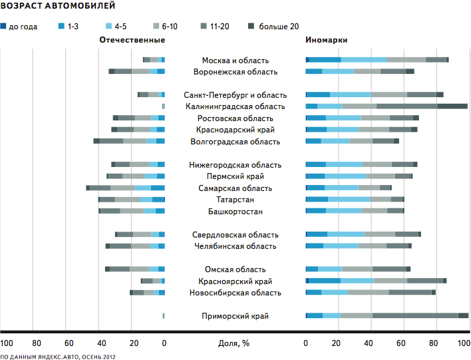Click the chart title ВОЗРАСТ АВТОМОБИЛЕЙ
tap(58, 7)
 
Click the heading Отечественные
tap(132, 40)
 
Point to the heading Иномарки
tap(326, 40)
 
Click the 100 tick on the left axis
tap(7, 343)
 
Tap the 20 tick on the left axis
tap(133, 343)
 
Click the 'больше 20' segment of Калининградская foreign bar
tap(452, 106)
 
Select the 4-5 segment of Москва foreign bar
tap(364, 60)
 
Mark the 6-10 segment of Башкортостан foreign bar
tap(375, 211)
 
